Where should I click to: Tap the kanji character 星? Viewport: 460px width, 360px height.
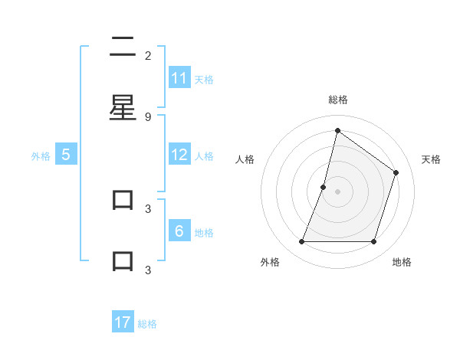click(123, 108)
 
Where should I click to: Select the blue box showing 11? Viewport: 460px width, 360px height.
click(179, 78)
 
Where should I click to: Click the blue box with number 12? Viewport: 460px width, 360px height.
click(179, 155)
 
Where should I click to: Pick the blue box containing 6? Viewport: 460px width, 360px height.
click(179, 231)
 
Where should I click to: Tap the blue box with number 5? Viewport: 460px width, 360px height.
click(66, 155)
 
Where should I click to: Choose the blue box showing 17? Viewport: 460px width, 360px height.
click(123, 322)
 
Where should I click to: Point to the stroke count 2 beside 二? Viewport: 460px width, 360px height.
click(148, 55)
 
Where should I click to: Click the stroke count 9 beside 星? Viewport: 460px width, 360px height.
click(148, 116)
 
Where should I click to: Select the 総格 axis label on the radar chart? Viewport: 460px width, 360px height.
click(338, 100)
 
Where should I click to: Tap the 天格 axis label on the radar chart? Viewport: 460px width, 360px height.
click(432, 159)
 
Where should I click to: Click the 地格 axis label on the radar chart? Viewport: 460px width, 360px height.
click(402, 263)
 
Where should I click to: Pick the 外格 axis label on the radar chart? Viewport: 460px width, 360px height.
click(270, 263)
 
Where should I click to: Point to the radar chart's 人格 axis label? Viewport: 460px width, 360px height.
click(245, 159)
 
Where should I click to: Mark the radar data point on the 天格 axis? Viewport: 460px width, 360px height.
click(396, 172)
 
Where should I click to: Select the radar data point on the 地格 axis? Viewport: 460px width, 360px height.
click(374, 242)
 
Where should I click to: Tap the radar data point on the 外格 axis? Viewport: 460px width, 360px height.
click(301, 242)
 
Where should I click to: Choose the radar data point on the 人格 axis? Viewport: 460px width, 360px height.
click(324, 187)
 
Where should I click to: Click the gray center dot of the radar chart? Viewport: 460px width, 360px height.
click(337, 191)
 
